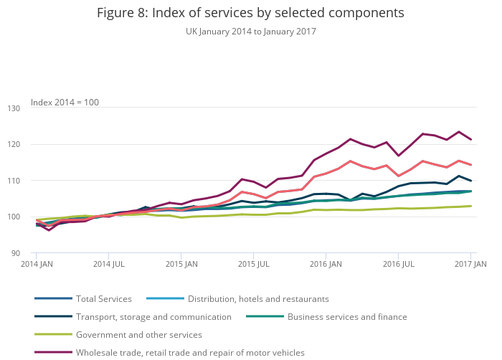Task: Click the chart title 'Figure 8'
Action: click(x=250, y=13)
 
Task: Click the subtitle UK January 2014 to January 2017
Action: click(x=250, y=32)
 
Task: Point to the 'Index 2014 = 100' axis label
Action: click(x=65, y=103)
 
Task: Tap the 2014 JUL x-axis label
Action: click(x=108, y=265)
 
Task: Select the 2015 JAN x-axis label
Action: click(x=182, y=265)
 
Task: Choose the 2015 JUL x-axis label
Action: click(x=253, y=265)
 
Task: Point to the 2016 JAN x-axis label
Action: click(x=326, y=265)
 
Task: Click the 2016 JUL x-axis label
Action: click(x=399, y=265)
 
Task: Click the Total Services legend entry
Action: click(x=104, y=299)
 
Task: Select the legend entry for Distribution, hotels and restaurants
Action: click(x=258, y=299)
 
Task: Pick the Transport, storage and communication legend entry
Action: click(x=153, y=317)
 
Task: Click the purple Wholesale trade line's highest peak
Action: click(x=459, y=132)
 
